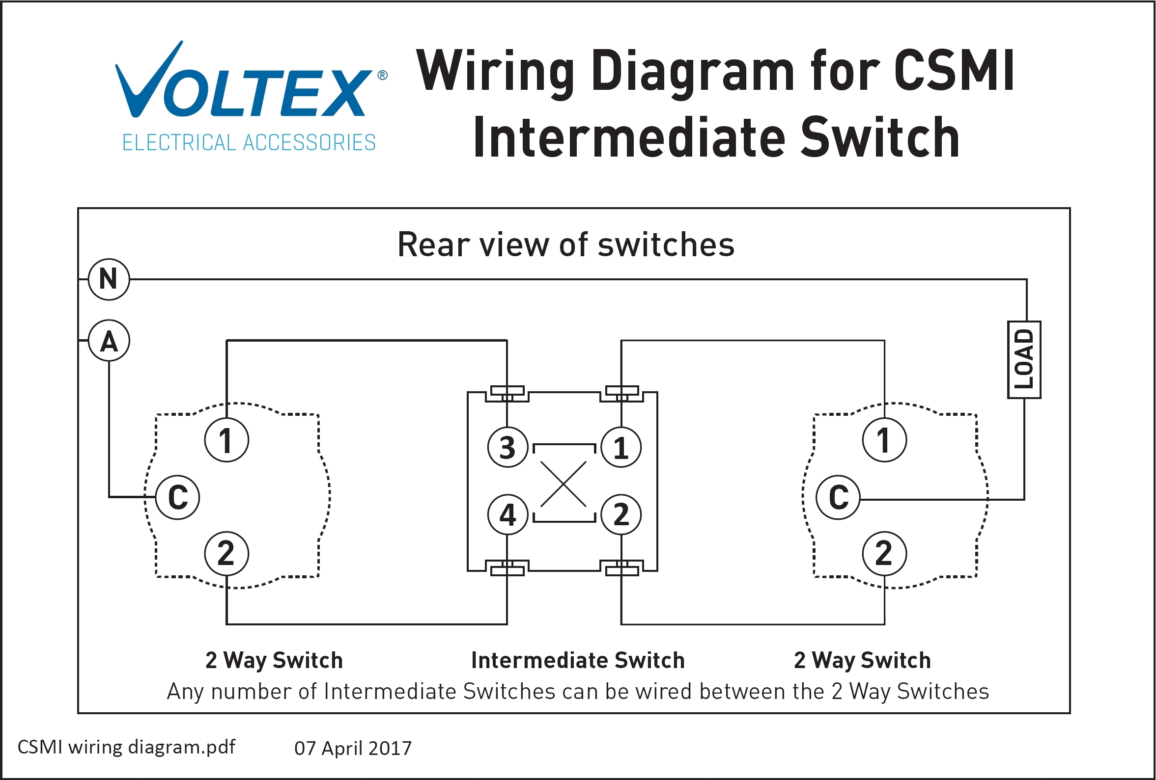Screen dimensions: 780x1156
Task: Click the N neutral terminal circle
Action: coord(109,279)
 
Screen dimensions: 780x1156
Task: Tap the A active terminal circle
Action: coord(109,341)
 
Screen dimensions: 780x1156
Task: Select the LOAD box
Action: coord(1024,359)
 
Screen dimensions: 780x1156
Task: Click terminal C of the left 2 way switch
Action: coord(177,497)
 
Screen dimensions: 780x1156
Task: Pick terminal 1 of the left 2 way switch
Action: coord(226,440)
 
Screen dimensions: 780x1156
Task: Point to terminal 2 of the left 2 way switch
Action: coord(226,553)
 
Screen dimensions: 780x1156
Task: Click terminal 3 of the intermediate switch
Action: coord(507,447)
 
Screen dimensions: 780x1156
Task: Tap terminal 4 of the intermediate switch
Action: coord(507,514)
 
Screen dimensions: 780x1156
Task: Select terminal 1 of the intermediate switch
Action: coord(621,447)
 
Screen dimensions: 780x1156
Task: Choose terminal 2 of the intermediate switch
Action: coord(621,514)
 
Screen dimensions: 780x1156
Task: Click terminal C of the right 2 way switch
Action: coord(838,497)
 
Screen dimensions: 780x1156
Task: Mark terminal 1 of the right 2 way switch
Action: coord(884,440)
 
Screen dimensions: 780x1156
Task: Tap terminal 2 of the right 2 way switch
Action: coord(884,553)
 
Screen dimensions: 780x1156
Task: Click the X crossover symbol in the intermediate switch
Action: coord(564,484)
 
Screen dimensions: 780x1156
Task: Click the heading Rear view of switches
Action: coord(565,244)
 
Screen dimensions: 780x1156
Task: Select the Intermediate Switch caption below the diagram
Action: coord(577,660)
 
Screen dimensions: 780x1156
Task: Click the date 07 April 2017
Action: coord(353,748)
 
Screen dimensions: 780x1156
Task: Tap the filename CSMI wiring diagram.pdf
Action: coord(126,747)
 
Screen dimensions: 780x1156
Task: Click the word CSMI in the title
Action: coord(954,71)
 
